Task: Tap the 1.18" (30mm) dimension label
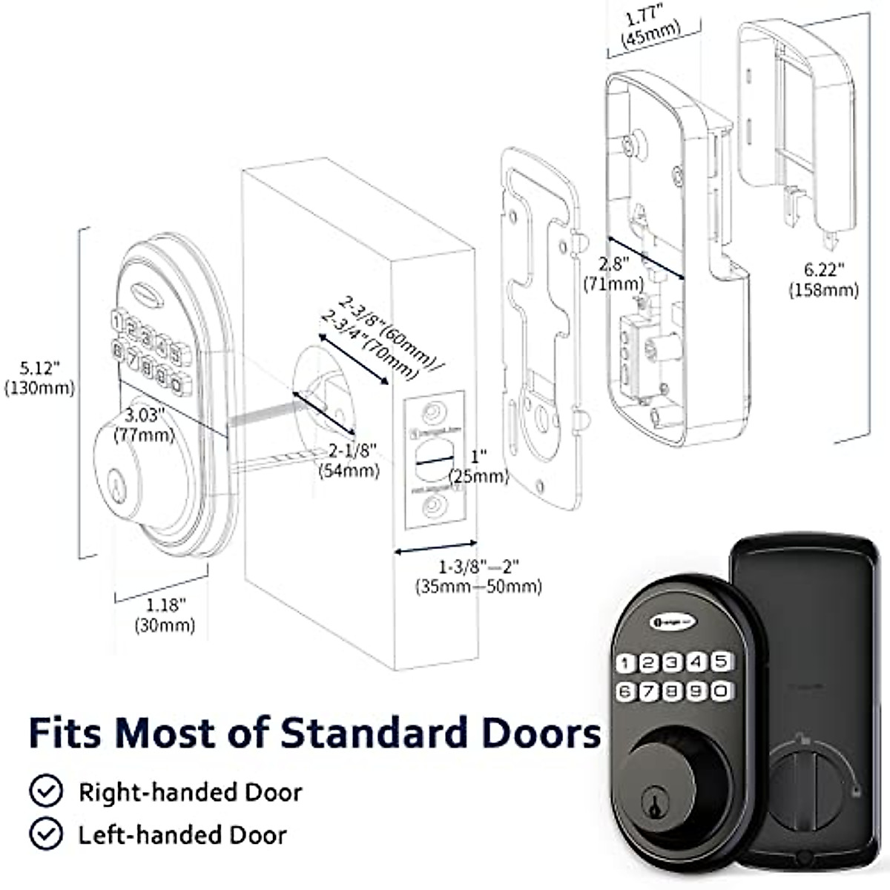click(x=165, y=615)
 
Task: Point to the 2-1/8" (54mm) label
click(x=349, y=460)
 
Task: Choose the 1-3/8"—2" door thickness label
click(x=478, y=576)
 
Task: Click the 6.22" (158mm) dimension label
click(x=823, y=280)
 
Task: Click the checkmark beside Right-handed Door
click(x=46, y=791)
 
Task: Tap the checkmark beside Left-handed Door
click(x=46, y=834)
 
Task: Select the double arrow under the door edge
click(x=434, y=551)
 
